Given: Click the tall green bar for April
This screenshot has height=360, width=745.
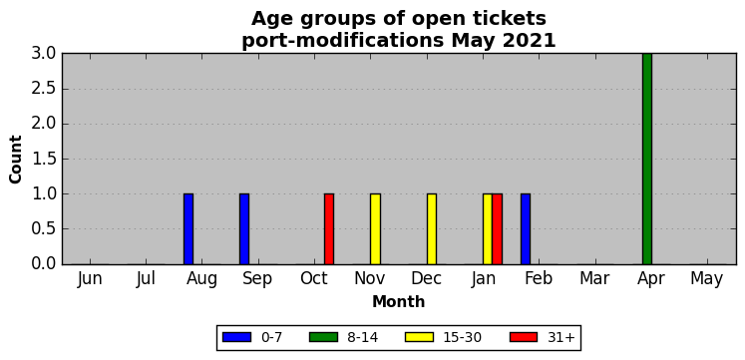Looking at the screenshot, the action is click(646, 159).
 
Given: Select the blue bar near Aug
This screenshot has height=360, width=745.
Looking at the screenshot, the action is click(188, 229).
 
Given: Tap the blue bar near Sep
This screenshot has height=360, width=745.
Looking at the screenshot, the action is click(244, 229).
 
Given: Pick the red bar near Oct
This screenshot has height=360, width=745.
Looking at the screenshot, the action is click(329, 229).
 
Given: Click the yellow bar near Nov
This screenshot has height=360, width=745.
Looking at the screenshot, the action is click(375, 229).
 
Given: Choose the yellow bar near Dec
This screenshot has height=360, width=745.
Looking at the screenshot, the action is click(432, 229).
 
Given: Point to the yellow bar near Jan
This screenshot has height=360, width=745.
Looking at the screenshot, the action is click(488, 229).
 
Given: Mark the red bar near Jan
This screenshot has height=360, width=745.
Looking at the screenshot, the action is click(497, 229).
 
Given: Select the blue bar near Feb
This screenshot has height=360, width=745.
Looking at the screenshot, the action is click(525, 229).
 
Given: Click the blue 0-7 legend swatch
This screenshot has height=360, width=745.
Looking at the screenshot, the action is click(236, 337).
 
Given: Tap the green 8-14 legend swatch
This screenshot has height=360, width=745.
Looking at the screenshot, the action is click(323, 337).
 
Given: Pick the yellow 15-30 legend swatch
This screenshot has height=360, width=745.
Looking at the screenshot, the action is click(419, 337).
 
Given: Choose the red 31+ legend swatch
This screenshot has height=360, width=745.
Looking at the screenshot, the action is click(524, 337).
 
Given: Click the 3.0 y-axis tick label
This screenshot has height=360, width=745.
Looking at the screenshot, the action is click(44, 54).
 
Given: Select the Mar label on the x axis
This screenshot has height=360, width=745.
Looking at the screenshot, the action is click(594, 279).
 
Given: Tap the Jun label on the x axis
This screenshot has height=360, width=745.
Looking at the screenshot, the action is click(90, 279).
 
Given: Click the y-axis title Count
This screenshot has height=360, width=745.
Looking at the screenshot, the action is click(16, 160).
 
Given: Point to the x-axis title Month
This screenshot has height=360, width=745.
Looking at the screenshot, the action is click(398, 301).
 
